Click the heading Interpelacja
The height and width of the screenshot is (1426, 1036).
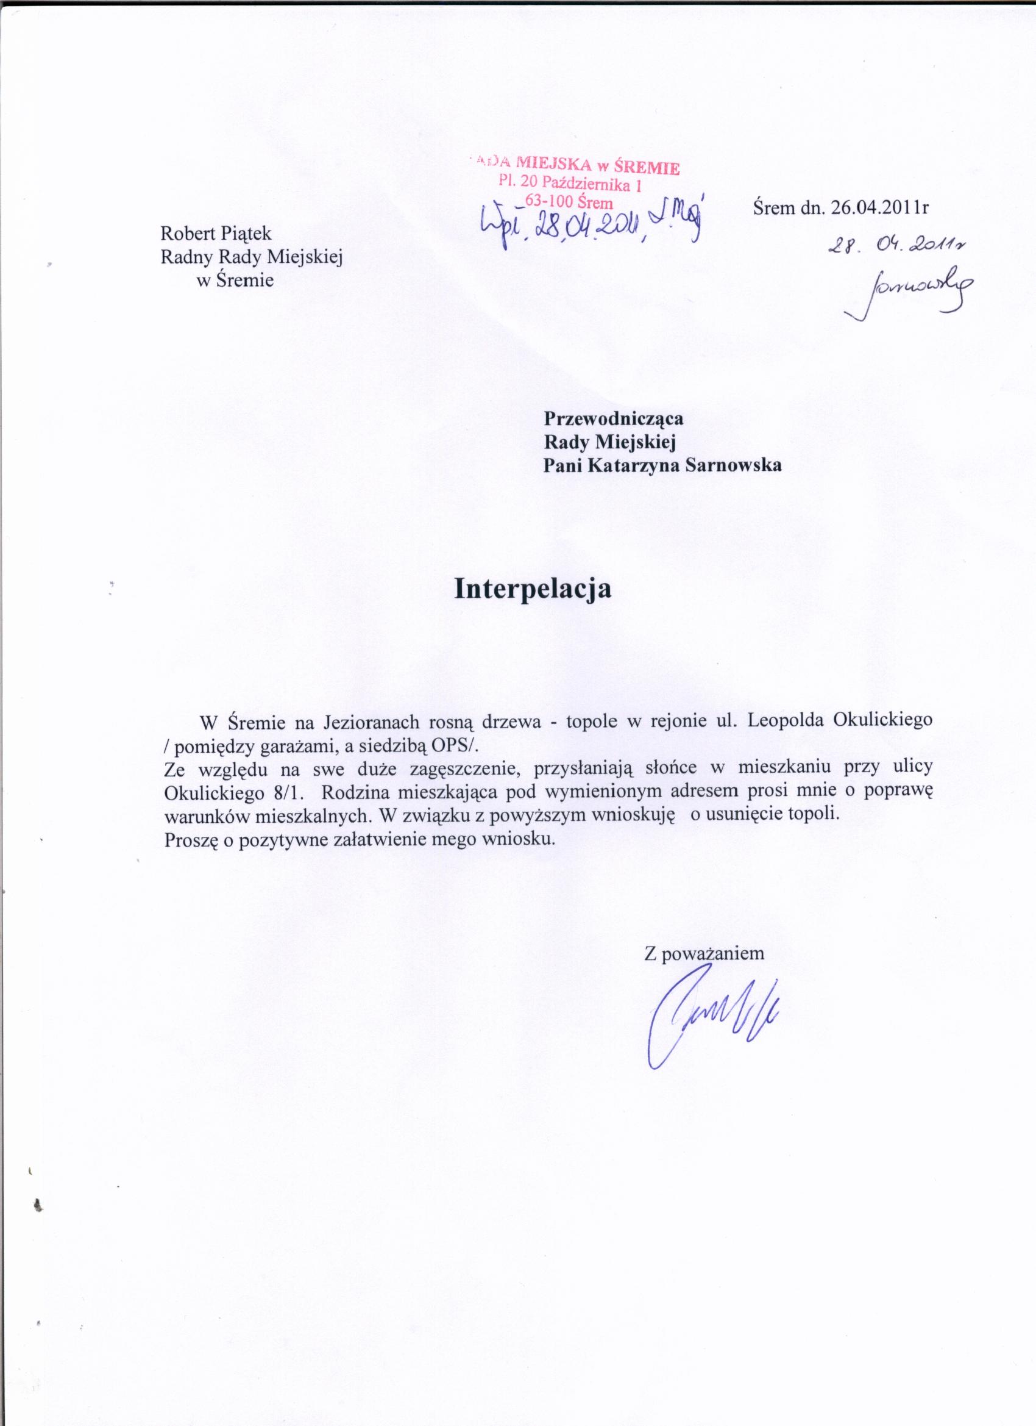[533, 589]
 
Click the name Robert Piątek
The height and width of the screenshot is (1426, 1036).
[216, 233]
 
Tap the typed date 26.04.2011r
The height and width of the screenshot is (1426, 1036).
[879, 208]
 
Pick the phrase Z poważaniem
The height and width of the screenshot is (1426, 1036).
[704, 953]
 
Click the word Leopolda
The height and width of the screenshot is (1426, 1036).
[781, 720]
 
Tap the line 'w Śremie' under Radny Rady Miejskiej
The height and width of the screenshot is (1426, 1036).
[235, 281]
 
